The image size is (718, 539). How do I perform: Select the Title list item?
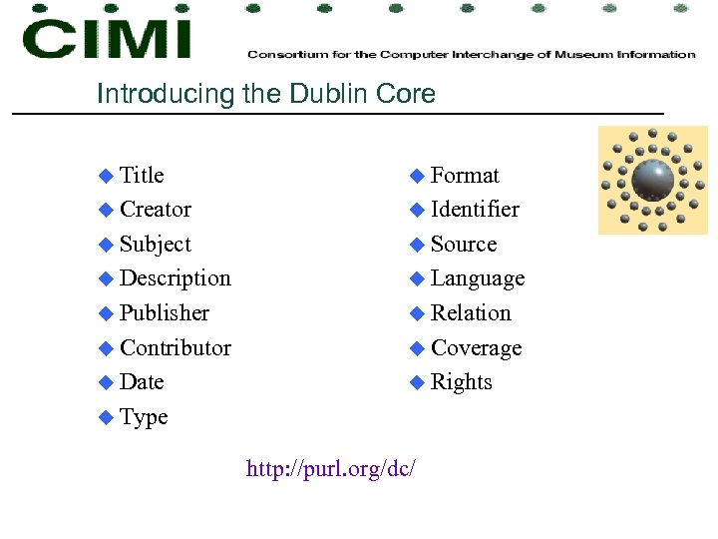pos(142,176)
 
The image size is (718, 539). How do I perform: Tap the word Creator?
pos(155,210)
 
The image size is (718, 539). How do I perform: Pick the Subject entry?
pos(155,245)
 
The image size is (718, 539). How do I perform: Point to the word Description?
pos(175,278)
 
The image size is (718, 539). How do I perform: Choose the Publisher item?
pos(165,313)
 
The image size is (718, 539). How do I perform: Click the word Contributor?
pos(175,348)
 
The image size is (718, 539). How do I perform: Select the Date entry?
pos(142,382)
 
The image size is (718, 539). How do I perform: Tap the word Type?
pos(144,417)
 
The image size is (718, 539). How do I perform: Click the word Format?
pos(465,176)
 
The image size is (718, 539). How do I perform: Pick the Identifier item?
pos(475,210)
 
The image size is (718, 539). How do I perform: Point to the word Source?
pos(464,245)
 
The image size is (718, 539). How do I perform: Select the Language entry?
pos(478,278)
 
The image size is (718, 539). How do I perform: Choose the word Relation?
pos(471,313)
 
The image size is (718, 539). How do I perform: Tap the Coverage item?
pos(476,348)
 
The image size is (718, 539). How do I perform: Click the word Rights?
pos(462,382)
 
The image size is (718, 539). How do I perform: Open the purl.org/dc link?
pos(331,467)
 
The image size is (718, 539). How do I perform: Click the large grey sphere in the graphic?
pos(653,180)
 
